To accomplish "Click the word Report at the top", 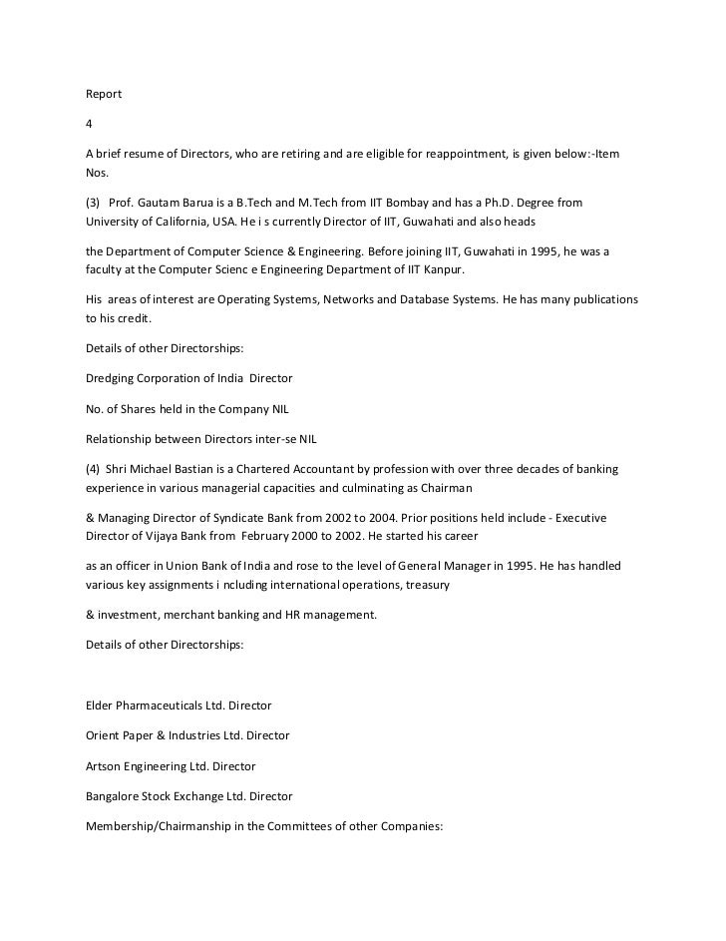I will pyautogui.click(x=104, y=94).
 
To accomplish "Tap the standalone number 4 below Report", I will pyautogui.click(x=89, y=125).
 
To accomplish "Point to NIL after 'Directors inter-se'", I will pyautogui.click(x=306, y=440).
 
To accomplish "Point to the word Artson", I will pyautogui.click(x=105, y=766).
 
